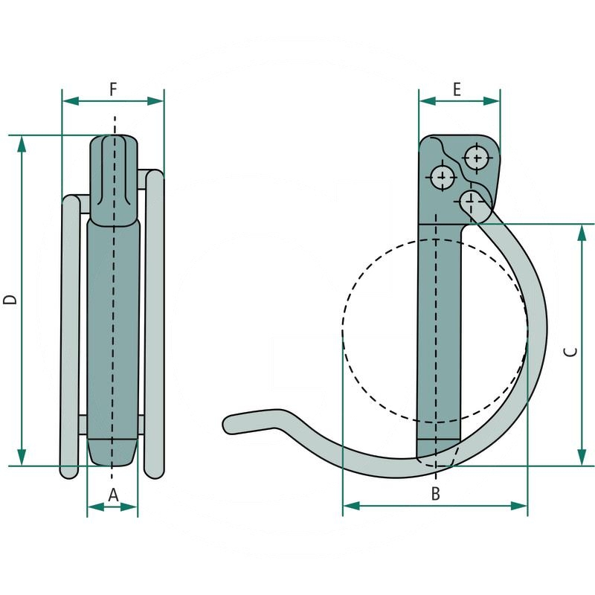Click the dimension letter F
coord(113,89)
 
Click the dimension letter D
coord(10,300)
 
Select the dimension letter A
coord(113,494)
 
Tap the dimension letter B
coord(436,493)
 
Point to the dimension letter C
coord(570,352)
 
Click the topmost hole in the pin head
coord(476,158)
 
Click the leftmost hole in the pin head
coord(443,178)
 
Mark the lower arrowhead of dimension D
coord(22,459)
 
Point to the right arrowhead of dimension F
coord(157,100)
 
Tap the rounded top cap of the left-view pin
coord(114,145)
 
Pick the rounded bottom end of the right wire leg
coord(154,471)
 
